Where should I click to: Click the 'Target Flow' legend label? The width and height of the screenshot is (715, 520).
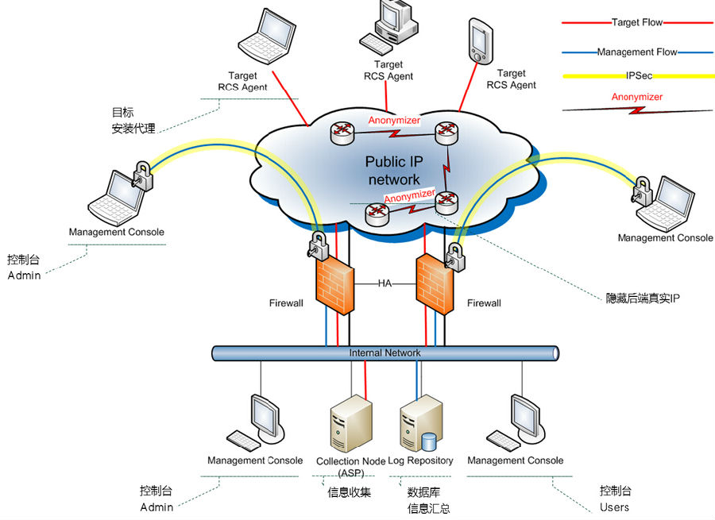636,22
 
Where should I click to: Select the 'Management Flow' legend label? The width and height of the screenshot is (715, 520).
637,52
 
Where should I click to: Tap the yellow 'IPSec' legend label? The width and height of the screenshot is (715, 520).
639,75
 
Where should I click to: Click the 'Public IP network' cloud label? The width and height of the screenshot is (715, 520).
394,171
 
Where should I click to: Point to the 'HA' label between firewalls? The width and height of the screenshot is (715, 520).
385,283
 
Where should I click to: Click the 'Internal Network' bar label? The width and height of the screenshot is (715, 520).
385,352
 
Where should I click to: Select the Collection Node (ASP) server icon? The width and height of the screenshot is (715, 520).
350,424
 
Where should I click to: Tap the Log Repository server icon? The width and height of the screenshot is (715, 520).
420,424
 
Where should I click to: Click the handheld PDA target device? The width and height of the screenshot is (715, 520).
481,40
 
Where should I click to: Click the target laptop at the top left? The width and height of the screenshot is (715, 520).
267,37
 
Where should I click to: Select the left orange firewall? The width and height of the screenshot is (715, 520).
334,285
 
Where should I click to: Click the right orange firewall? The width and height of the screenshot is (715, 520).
435,284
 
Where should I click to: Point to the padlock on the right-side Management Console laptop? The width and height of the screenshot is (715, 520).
642,191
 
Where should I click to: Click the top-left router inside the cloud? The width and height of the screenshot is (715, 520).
342,133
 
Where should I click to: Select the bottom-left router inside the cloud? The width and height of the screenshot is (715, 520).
377,214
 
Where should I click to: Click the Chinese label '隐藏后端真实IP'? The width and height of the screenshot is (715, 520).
643,299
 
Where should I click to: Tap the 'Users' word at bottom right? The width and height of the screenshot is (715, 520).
614,507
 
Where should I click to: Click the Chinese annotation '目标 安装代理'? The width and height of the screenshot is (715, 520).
133,121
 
